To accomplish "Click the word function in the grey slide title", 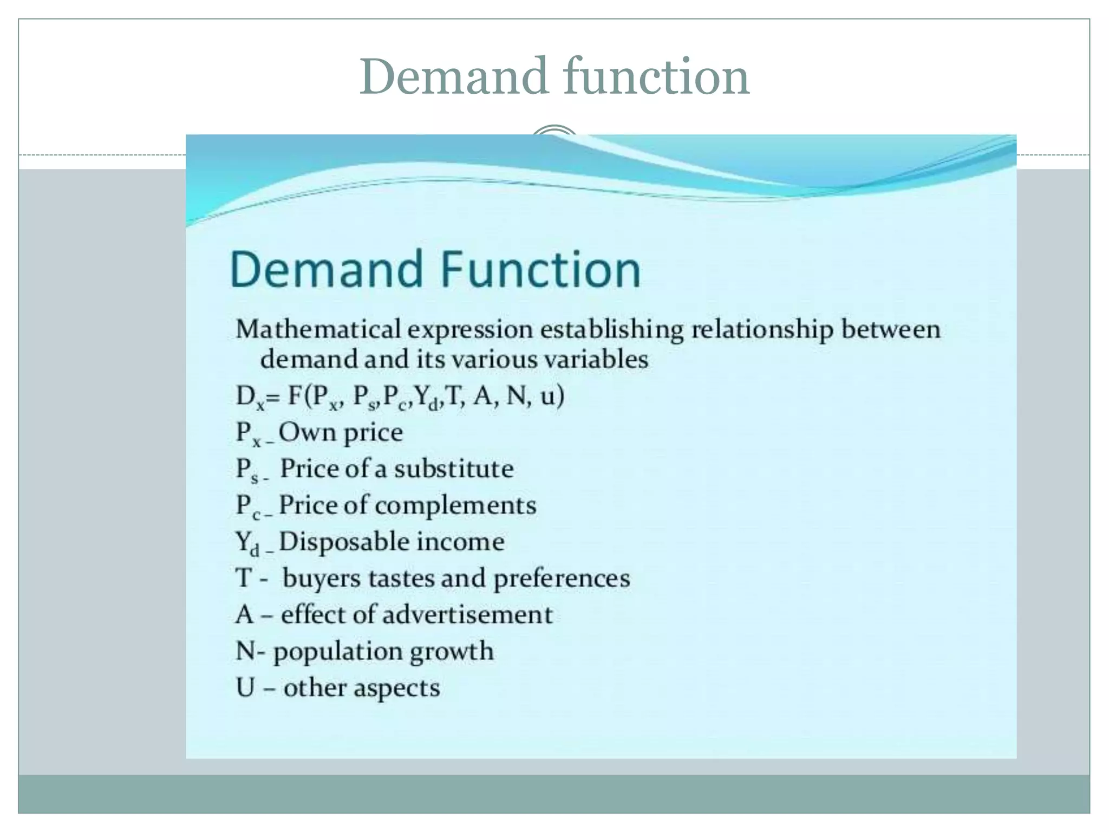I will pos(656,77).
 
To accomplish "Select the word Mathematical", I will pos(318,329).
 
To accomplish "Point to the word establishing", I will pos(605,330).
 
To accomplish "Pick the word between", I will pos(890,329).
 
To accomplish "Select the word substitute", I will pos(454,469).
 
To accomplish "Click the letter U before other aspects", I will pos(245,688).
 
